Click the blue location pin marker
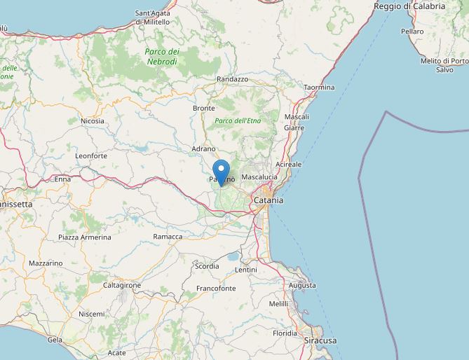pos(221,172)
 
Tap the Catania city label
pos(269,200)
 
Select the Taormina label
pos(319,88)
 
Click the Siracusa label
pos(320,340)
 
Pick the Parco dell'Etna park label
pos(238,121)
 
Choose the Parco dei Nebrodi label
pos(162,57)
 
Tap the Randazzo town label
pos(233,80)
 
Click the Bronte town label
pos(203,109)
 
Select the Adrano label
pos(203,149)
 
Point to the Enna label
pos(63,179)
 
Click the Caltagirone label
pos(122,286)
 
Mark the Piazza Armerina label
pos(85,237)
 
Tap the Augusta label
pos(301,286)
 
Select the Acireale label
pos(288,165)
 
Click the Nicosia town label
pos(93,121)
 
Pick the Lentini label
pos(246,270)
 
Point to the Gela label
pos(54,340)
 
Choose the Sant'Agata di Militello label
pos(152,18)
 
